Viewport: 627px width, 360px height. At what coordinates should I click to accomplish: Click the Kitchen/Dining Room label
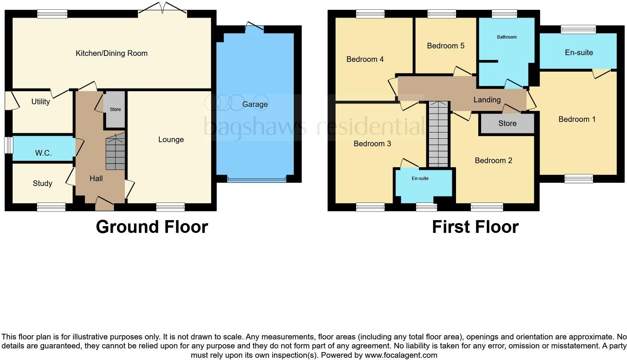pyautogui.click(x=111, y=53)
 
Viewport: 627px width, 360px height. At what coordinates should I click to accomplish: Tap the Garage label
pyautogui.click(x=255, y=104)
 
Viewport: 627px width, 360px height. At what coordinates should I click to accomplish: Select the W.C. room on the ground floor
pyautogui.click(x=43, y=153)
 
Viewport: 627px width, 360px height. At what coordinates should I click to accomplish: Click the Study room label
pyautogui.click(x=42, y=183)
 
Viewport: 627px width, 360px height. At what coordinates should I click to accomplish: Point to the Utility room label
pyautogui.click(x=40, y=102)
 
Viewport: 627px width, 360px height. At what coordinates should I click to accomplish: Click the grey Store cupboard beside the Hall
pyautogui.click(x=115, y=109)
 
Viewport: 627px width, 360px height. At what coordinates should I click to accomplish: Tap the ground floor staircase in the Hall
pyautogui.click(x=115, y=154)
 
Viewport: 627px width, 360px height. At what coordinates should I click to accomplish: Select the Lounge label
pyautogui.click(x=171, y=139)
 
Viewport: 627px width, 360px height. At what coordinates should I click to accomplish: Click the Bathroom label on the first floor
pyautogui.click(x=507, y=37)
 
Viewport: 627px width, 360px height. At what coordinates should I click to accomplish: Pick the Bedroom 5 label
pyautogui.click(x=445, y=46)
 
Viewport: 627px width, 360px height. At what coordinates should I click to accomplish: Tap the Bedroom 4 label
pyautogui.click(x=365, y=59)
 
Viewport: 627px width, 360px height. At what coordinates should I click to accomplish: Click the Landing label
pyautogui.click(x=487, y=100)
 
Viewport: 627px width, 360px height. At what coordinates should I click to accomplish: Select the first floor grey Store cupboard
pyautogui.click(x=507, y=123)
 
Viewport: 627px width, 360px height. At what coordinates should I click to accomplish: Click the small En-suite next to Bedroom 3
pyautogui.click(x=420, y=178)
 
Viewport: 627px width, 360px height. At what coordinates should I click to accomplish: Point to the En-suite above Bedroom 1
pyautogui.click(x=579, y=52)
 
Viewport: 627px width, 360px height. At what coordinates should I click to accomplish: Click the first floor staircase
pyautogui.click(x=438, y=135)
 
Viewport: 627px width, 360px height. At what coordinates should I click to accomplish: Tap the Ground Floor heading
pyautogui.click(x=152, y=227)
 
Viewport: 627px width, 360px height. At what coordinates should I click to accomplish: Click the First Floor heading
pyautogui.click(x=475, y=227)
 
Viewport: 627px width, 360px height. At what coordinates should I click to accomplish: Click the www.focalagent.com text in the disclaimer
pyautogui.click(x=400, y=355)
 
